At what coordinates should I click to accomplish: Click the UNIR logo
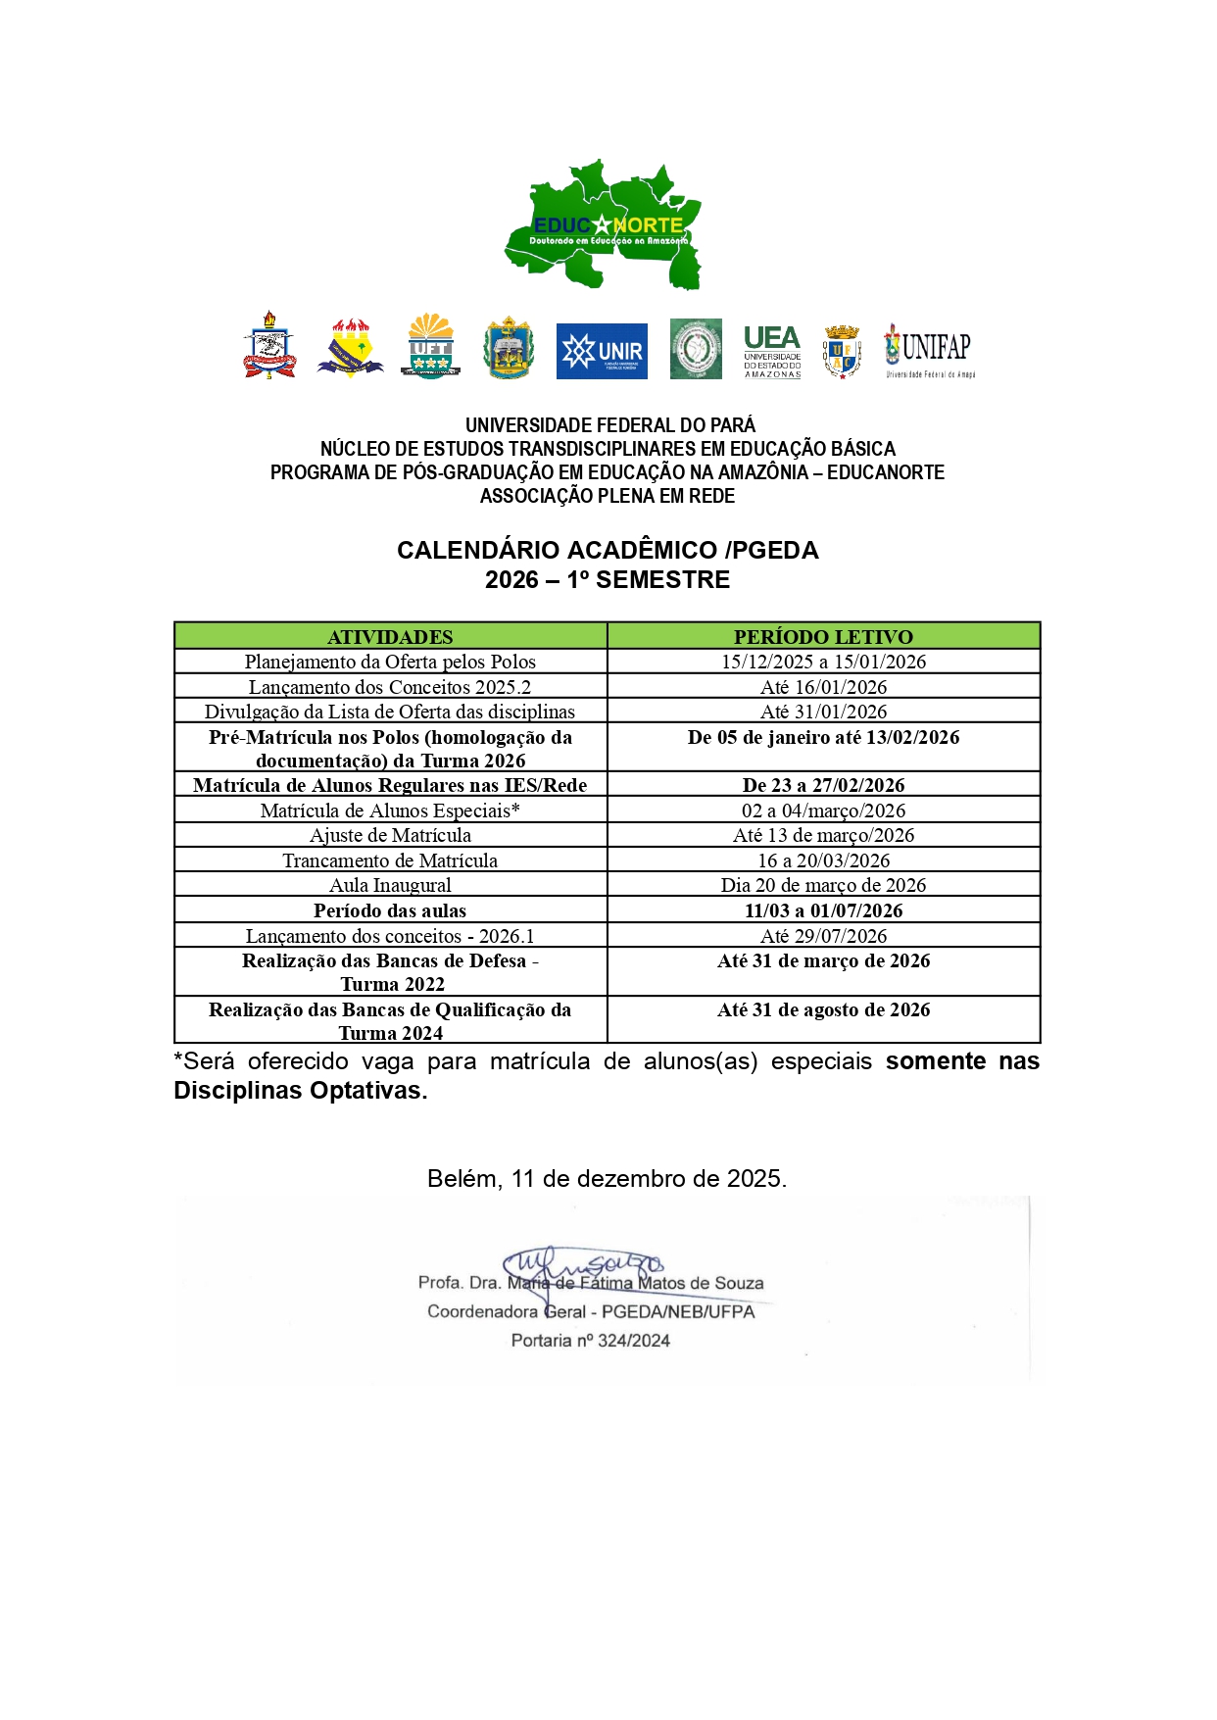coord(602,351)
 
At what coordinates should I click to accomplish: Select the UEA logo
coord(772,351)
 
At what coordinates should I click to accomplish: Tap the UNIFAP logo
coord(929,351)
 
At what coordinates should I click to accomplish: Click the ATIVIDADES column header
coord(390,637)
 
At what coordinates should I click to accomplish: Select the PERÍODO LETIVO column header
coord(823,637)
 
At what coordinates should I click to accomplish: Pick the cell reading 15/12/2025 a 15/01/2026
coord(823,662)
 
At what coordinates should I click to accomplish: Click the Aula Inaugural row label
coord(390,885)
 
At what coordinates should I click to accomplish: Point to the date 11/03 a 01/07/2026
coord(823,910)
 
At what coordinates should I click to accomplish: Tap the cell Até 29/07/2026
coord(823,936)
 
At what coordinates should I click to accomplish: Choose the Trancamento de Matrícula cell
coord(390,860)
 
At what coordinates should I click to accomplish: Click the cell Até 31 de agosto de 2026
coord(823,1009)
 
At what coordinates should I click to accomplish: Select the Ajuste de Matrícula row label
coord(390,835)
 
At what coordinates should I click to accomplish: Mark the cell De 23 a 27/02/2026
coord(823,785)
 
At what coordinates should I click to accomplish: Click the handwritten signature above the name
coord(583,1265)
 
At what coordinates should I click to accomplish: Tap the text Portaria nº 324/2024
coord(590,1340)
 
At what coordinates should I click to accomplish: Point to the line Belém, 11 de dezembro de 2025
coord(607,1178)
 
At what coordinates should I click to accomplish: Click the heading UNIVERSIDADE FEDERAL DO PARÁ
coord(609,425)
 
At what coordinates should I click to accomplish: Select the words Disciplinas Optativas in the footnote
coord(300,1091)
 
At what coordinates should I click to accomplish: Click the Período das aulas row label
coord(390,910)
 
